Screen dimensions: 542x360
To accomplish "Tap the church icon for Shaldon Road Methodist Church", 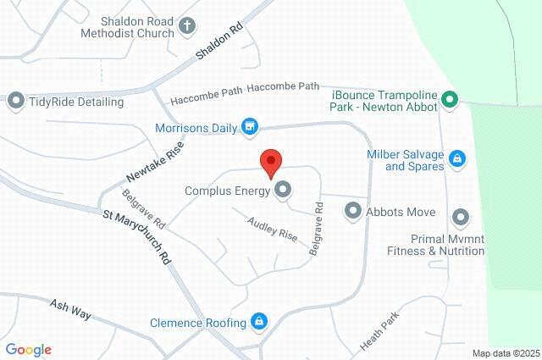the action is (x=187, y=27).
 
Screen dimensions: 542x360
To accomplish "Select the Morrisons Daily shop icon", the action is (x=250, y=128).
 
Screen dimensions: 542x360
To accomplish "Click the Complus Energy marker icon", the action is (x=283, y=191).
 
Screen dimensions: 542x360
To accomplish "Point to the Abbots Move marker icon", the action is (x=353, y=213).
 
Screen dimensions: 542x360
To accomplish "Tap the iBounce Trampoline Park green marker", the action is (x=451, y=101).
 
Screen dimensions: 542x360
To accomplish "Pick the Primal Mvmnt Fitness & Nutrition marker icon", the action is (x=462, y=217).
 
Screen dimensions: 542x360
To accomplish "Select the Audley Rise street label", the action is (x=272, y=230).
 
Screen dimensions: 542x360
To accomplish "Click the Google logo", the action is (x=28, y=350).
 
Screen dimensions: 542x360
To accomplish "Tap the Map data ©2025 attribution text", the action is (x=506, y=353).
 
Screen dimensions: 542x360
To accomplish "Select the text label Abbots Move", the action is (x=401, y=213).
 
